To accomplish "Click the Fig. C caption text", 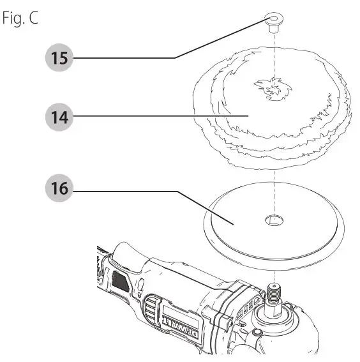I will point(20,18).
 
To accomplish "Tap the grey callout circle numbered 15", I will point(59,59).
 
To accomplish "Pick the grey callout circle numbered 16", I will point(59,190).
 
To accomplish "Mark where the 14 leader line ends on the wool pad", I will point(247,116).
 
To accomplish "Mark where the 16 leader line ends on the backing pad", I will point(235,223).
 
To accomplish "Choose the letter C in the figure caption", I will point(33,18).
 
